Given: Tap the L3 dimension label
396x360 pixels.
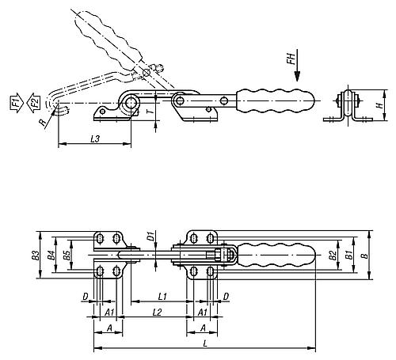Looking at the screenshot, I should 93,139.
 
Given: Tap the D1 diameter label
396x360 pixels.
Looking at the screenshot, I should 150,234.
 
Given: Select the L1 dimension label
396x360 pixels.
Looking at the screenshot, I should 161,296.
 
